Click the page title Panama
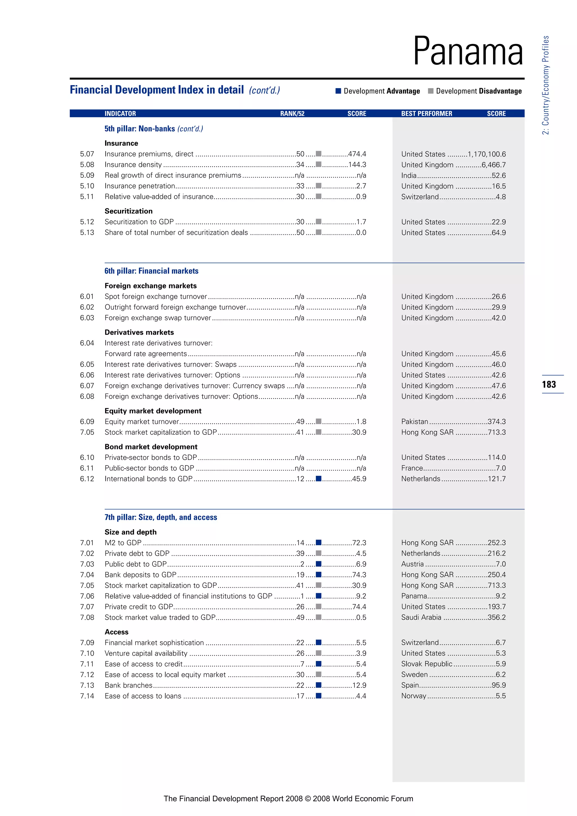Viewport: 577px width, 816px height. [x=468, y=52]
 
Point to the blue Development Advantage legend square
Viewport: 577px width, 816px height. [x=338, y=91]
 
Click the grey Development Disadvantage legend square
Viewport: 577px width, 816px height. [x=430, y=91]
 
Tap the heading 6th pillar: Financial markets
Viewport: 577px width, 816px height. [x=151, y=271]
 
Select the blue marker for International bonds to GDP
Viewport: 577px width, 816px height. [x=319, y=478]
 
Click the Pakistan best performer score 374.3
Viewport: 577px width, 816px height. [x=496, y=422]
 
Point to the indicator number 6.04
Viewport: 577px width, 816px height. [x=87, y=343]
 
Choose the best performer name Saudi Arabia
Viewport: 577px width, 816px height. [x=421, y=617]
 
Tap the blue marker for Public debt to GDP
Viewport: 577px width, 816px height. [x=319, y=564]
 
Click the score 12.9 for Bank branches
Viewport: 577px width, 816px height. [x=359, y=685]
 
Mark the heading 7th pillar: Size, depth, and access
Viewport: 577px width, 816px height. [x=161, y=517]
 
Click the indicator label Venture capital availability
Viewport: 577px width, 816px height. [x=146, y=653]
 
